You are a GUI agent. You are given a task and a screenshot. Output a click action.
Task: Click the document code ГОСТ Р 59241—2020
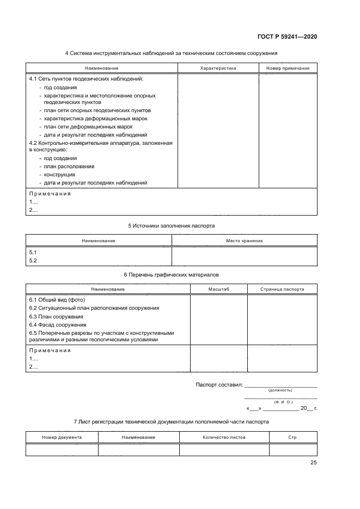[x=287, y=37]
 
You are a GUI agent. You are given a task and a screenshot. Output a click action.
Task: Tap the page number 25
[x=313, y=463]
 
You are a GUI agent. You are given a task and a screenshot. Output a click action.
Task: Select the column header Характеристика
[x=218, y=69]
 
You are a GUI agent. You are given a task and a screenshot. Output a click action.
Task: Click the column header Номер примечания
[x=288, y=69]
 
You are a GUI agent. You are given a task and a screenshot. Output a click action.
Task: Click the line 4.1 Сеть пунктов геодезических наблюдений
[x=86, y=79]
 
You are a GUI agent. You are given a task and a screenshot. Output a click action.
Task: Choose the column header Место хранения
[x=244, y=240]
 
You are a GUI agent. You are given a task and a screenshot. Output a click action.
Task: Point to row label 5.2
[x=32, y=261]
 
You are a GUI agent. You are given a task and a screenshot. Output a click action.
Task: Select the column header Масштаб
[x=219, y=289]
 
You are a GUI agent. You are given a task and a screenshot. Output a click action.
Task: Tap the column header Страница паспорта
[x=282, y=289]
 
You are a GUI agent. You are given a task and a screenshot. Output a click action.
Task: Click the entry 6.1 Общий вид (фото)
[x=57, y=299]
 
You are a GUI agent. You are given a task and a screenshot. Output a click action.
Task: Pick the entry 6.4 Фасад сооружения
[x=57, y=324]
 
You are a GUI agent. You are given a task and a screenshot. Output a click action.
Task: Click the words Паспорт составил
[x=219, y=385]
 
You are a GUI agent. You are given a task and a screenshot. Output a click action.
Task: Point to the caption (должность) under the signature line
[x=280, y=390]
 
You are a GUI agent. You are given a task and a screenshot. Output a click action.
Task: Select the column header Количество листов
[x=224, y=437]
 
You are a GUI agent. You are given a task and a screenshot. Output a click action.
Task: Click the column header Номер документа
[x=62, y=437]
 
